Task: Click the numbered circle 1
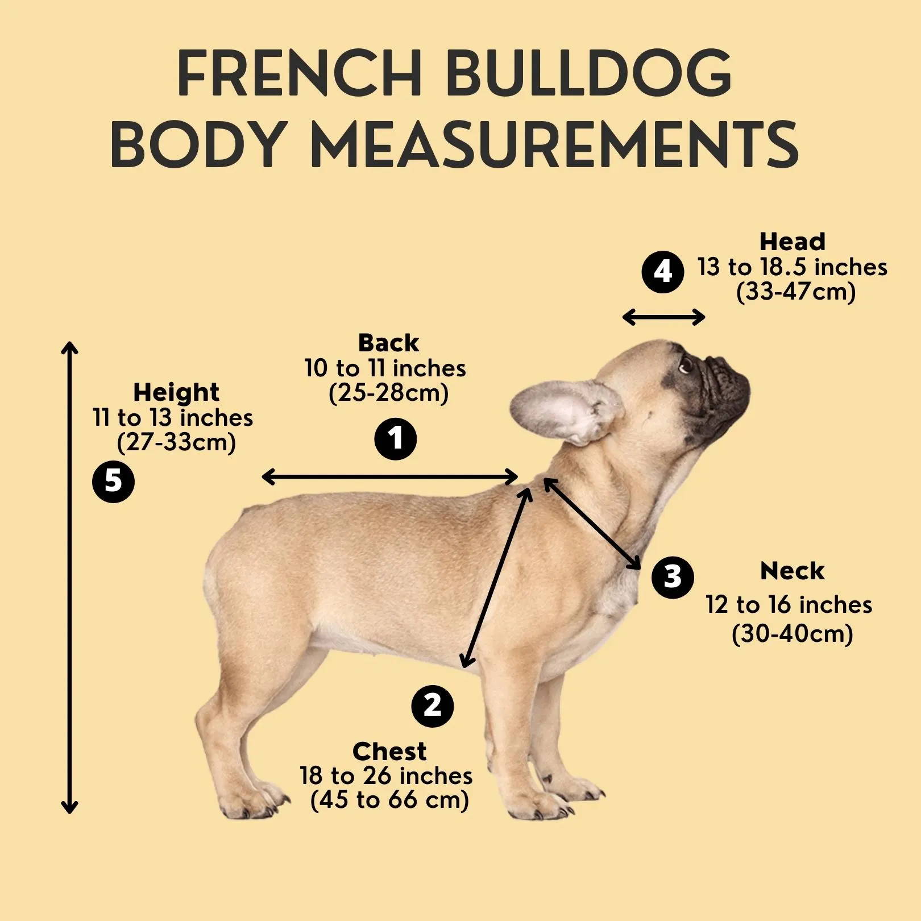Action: click(395, 439)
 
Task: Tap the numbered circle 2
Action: click(432, 706)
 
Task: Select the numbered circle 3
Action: click(672, 577)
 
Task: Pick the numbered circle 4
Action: click(662, 272)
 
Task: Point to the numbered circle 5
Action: click(113, 482)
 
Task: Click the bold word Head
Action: click(792, 242)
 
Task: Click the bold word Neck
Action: click(791, 571)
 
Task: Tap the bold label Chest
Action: click(389, 751)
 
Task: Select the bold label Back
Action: click(388, 343)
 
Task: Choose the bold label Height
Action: click(176, 392)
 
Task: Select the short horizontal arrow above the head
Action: click(663, 317)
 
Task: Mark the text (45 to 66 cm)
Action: click(389, 800)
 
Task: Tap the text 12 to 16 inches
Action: click(789, 604)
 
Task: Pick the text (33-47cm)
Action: click(795, 292)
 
